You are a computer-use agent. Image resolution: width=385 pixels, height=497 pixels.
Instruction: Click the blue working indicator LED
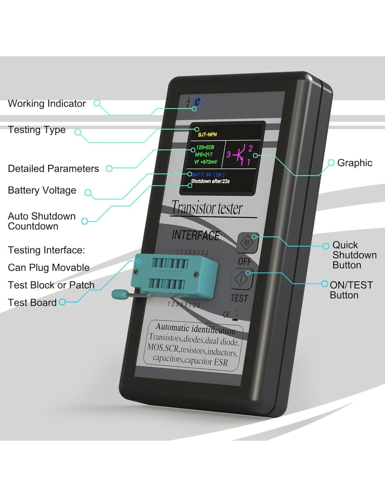point(197,102)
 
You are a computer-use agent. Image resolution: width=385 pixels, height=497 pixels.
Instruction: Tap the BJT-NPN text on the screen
point(208,135)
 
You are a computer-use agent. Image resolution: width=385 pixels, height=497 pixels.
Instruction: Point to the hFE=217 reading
point(204,154)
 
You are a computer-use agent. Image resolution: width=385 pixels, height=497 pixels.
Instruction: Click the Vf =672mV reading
point(206,162)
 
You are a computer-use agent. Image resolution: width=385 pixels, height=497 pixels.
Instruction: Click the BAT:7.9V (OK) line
point(208,175)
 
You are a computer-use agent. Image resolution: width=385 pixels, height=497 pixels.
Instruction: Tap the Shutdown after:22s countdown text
point(210,181)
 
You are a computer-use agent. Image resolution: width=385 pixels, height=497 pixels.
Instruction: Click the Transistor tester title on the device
point(207,208)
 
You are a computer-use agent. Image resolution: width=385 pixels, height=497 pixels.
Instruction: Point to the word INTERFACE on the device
point(196,235)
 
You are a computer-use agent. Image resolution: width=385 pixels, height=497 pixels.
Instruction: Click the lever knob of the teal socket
point(119,294)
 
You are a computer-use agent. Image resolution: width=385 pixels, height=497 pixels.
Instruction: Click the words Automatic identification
point(195,328)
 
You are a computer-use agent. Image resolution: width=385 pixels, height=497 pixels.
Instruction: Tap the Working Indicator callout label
point(47,104)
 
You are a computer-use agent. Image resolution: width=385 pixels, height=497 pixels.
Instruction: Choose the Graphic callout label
point(355,163)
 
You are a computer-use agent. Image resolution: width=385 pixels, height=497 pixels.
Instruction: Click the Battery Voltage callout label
point(42,190)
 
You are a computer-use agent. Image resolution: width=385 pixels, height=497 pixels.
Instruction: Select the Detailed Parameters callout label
point(53,169)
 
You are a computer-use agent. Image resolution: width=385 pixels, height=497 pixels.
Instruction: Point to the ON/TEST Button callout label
point(351,290)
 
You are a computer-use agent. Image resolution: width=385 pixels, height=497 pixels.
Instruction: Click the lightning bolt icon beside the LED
point(189,102)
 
